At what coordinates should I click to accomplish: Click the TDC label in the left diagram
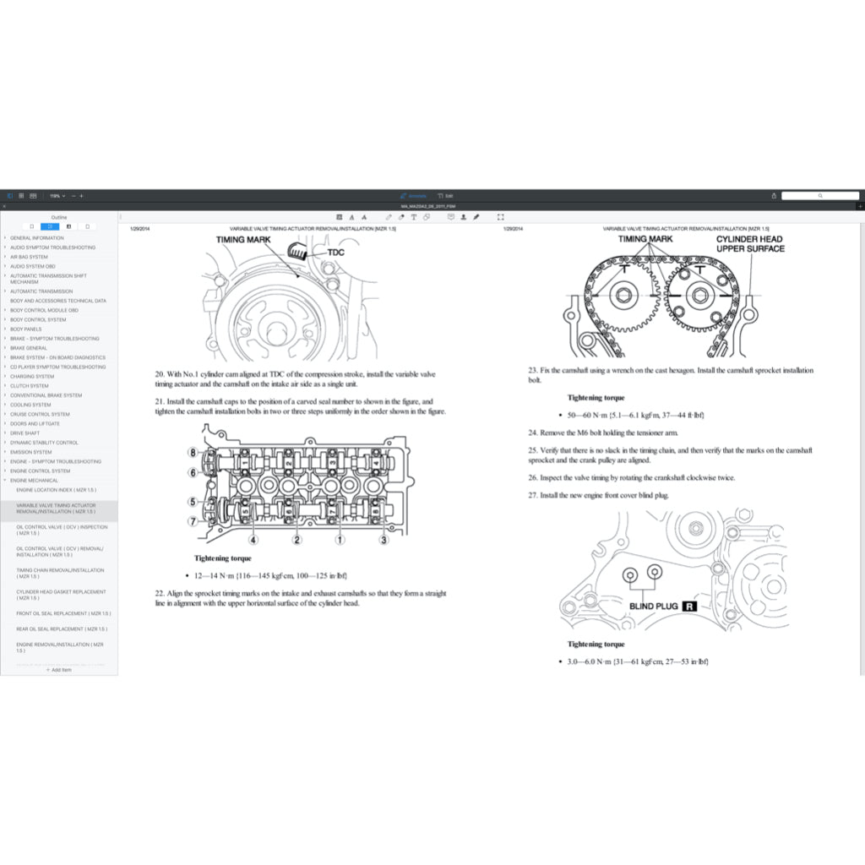[x=335, y=252]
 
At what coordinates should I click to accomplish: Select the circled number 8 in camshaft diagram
[x=193, y=453]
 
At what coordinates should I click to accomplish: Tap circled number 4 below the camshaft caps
[x=253, y=540]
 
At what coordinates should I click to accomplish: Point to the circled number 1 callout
[x=340, y=540]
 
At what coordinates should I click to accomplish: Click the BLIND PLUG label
[x=654, y=606]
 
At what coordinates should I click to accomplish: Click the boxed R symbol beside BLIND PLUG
[x=689, y=606]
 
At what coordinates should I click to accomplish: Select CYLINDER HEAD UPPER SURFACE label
[x=750, y=244]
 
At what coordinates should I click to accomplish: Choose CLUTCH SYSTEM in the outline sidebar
[x=30, y=386]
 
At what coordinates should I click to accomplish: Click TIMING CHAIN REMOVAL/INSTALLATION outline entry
[x=60, y=574]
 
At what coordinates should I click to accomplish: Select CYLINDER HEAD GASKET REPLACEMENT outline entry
[x=61, y=595]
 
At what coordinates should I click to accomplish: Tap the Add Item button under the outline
[x=59, y=670]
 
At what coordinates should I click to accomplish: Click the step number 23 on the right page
[x=533, y=370]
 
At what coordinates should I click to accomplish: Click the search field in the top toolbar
[x=819, y=195]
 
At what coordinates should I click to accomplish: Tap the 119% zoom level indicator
[x=56, y=195]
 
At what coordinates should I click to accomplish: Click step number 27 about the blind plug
[x=533, y=495]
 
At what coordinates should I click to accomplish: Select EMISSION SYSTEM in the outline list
[x=30, y=452]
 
